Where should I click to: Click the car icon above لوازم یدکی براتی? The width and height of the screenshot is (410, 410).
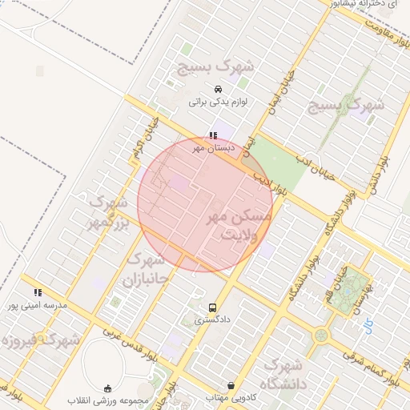[217, 89]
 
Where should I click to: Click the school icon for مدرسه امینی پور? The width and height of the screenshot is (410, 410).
[38, 292]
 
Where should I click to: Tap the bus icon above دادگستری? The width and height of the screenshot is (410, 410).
[212, 307]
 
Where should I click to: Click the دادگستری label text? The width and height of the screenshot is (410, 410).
[211, 320]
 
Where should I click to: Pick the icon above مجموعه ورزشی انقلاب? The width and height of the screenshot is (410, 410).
[108, 388]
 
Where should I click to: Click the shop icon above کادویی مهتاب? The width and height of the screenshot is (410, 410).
[231, 385]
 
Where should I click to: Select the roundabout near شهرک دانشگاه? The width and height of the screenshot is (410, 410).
[321, 335]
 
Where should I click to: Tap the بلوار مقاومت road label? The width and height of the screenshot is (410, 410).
[384, 32]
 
